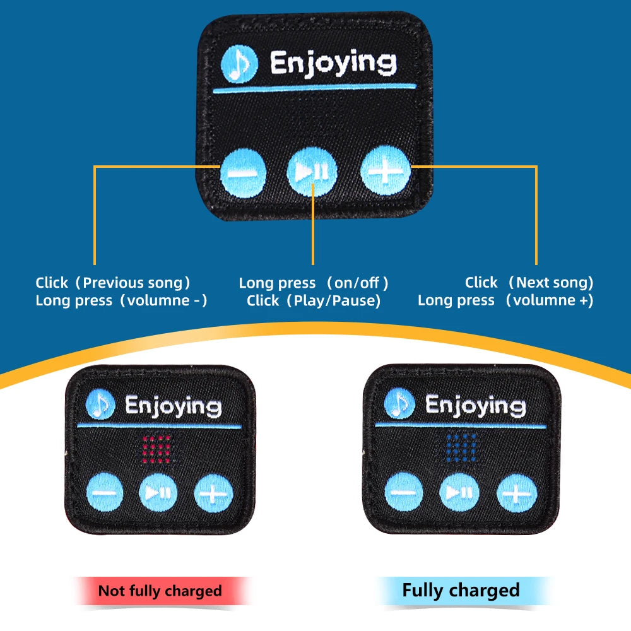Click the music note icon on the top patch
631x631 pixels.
tap(240, 64)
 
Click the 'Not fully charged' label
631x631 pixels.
tap(160, 591)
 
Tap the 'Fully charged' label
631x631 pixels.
tap(461, 591)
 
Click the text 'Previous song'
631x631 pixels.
tap(136, 283)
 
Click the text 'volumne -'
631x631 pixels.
tap(167, 300)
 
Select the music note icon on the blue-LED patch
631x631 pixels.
tap(399, 404)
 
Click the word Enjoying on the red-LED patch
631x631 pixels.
tap(173, 405)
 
